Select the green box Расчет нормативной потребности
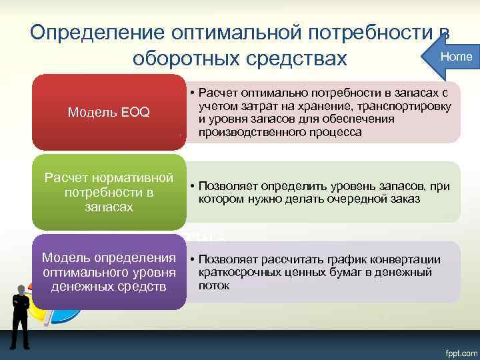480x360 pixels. pos(109,192)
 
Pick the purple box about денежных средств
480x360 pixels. pos(109,272)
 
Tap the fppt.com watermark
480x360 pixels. pos(456,349)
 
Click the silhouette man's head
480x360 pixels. pos(22,291)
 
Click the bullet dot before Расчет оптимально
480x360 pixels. pos(191,94)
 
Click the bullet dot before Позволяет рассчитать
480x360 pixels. pos(191,259)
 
